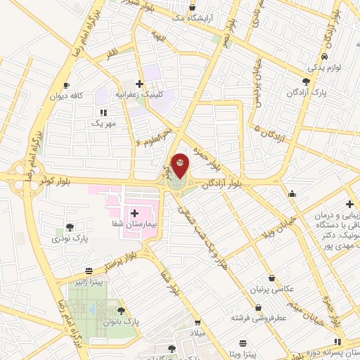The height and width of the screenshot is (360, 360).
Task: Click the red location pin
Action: [180, 164]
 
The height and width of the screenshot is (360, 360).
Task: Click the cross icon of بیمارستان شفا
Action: [134, 212]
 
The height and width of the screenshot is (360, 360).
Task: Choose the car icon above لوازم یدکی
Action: [323, 57]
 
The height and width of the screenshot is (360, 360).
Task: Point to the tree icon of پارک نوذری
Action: [70, 227]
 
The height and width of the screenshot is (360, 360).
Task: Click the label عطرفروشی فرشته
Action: [260, 318]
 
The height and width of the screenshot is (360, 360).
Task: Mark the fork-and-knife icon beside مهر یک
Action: [103, 112]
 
